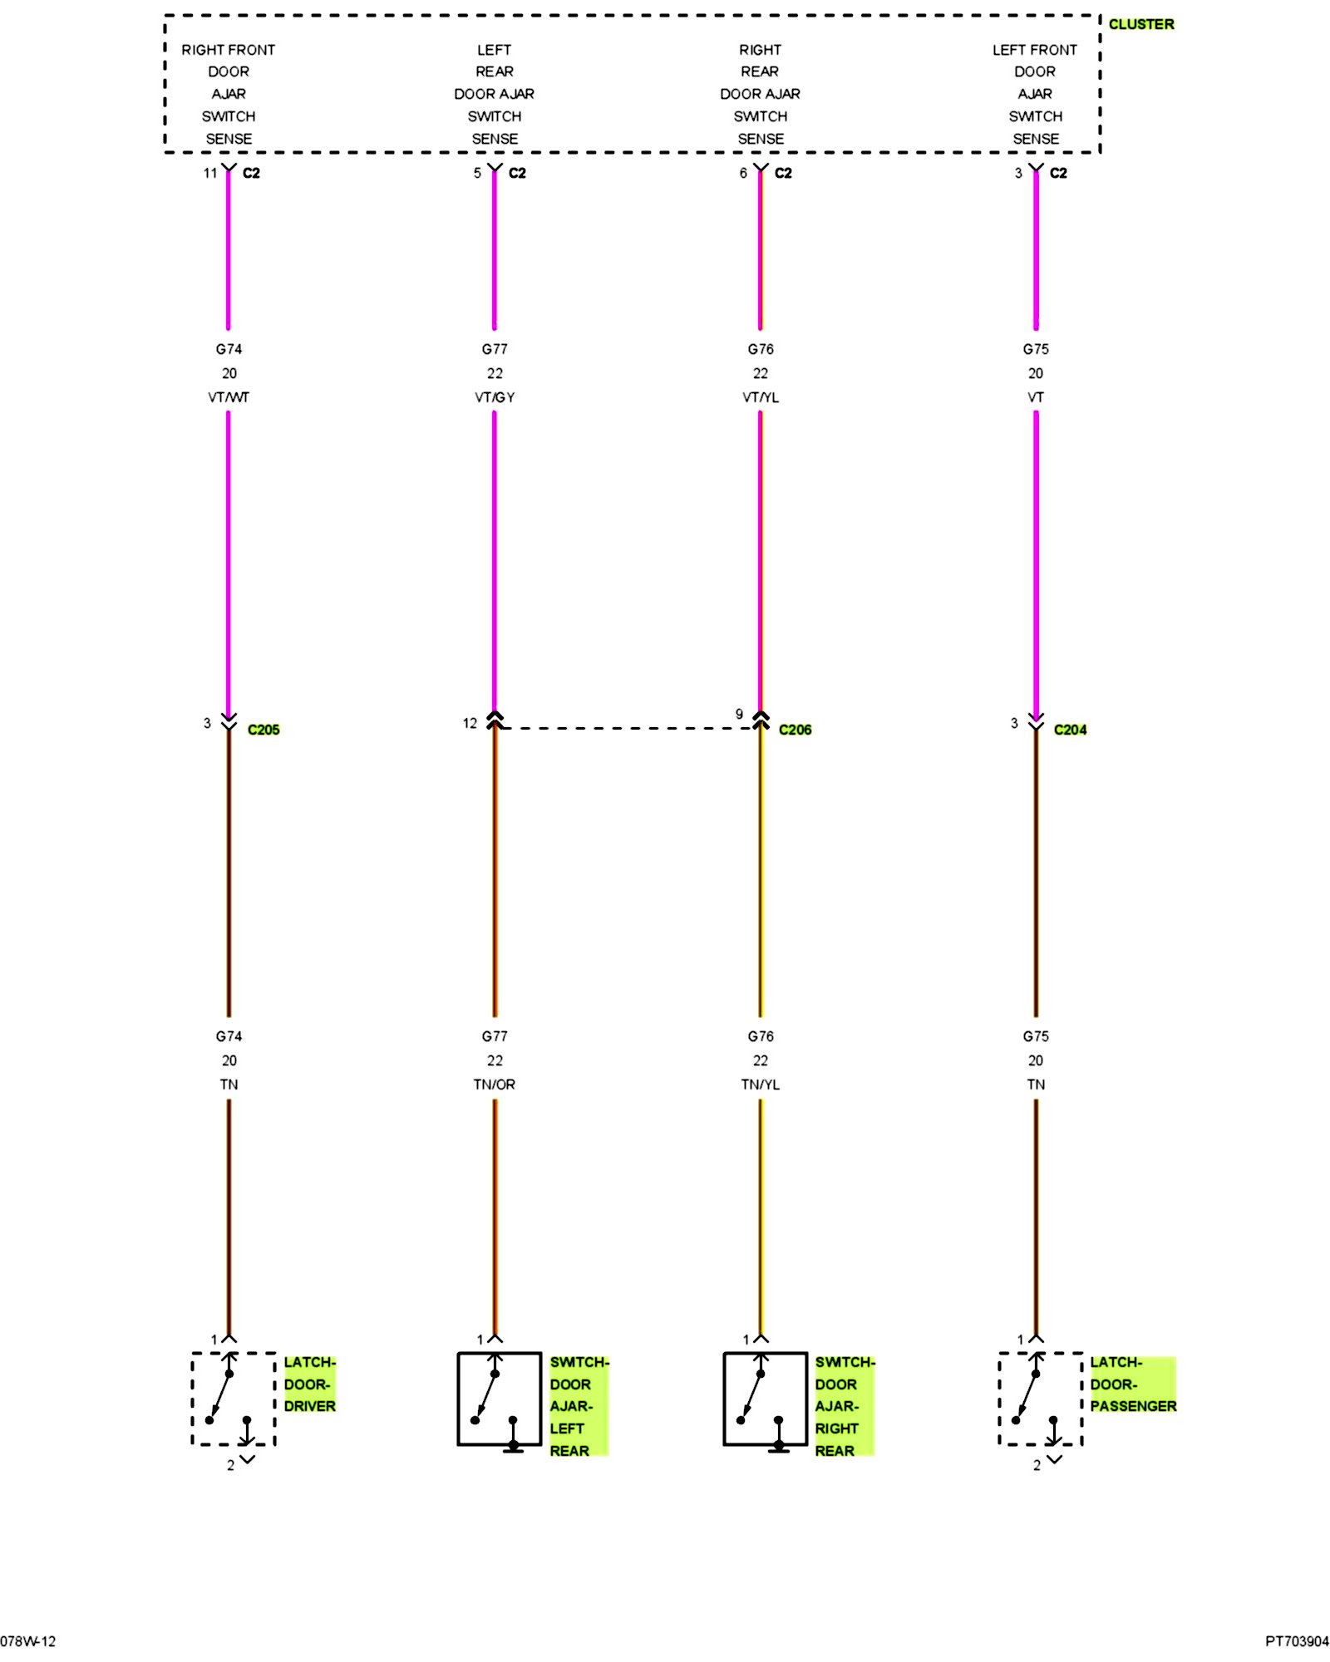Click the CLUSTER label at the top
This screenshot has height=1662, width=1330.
(x=1140, y=24)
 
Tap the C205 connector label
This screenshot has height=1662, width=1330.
(x=264, y=730)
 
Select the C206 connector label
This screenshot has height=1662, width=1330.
(x=795, y=730)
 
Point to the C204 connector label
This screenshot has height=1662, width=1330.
(x=1070, y=730)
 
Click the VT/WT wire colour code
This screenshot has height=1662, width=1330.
(x=229, y=397)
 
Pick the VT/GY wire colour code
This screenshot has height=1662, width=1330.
(x=495, y=397)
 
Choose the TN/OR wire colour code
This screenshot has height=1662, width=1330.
(x=495, y=1084)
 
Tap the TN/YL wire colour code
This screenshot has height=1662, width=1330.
(x=761, y=1084)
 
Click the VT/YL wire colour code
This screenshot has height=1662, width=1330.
(x=761, y=397)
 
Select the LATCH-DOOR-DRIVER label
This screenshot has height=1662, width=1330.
(x=309, y=1384)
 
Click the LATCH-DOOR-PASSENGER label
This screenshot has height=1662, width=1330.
(x=1132, y=1384)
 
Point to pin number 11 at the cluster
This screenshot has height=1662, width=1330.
(x=209, y=173)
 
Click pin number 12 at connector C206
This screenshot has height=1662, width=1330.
(x=470, y=723)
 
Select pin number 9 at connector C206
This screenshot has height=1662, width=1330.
(x=739, y=714)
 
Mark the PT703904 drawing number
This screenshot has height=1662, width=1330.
(x=1297, y=1641)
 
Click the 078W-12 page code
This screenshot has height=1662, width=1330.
(x=28, y=1641)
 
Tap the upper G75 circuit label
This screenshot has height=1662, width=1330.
(x=1036, y=349)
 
